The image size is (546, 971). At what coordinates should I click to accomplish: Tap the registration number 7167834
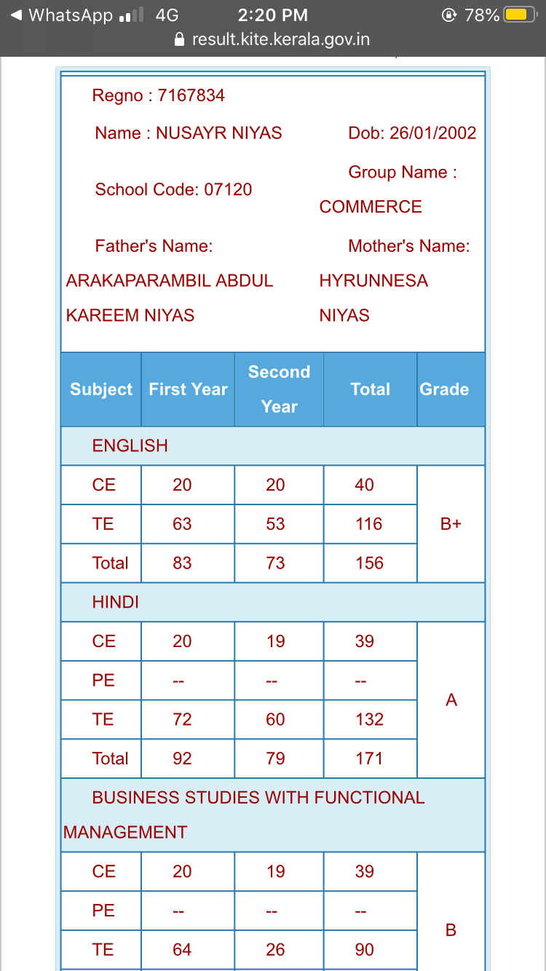coord(191,95)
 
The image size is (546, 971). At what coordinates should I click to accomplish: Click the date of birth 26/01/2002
coord(432,133)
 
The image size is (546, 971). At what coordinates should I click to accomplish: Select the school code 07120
coord(228,190)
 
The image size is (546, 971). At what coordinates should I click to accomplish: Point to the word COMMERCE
coord(371,207)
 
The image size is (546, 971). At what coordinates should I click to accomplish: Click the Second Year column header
coord(279,389)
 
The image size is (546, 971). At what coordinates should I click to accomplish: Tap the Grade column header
coord(444,389)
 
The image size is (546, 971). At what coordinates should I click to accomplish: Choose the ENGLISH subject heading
coord(130,445)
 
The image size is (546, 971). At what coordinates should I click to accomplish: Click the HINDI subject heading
coord(115,603)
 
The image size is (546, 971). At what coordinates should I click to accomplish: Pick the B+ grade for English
coord(451,524)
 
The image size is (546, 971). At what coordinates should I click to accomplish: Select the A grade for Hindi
coord(451,700)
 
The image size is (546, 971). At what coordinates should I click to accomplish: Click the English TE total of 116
coord(369,524)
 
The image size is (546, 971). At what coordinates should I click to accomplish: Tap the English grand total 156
coord(369,563)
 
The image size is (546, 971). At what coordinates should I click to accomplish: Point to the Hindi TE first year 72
coord(182,720)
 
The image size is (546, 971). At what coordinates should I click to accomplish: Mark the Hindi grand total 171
coord(369,758)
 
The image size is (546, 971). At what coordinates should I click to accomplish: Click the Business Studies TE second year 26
coord(275,950)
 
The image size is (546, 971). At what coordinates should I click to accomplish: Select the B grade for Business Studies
coord(451,930)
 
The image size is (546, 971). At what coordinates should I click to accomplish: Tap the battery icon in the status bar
coord(520,15)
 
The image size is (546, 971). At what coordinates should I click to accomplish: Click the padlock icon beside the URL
coord(181,39)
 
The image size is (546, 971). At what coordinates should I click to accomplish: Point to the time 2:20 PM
coord(273,15)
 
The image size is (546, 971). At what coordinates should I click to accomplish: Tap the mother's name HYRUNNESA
coord(373,281)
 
